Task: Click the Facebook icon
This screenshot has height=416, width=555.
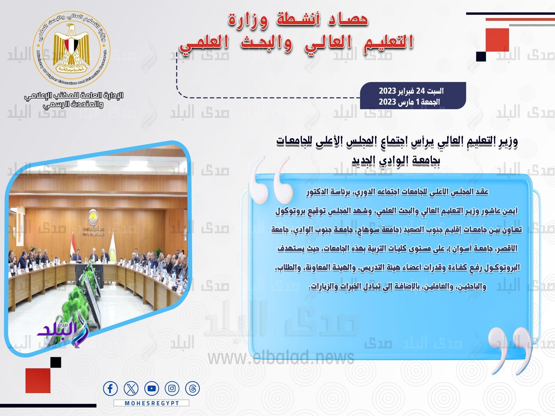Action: point(110,389)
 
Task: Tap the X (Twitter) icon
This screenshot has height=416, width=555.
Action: point(131,389)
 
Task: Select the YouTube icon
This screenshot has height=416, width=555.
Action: point(151,389)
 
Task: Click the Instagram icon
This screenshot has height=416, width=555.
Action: point(172,389)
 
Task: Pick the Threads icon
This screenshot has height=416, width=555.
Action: point(192,389)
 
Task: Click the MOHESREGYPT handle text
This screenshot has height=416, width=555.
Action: point(152,403)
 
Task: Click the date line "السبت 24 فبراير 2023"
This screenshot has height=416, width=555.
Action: point(411,91)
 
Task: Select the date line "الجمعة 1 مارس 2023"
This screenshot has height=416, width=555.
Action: point(409,102)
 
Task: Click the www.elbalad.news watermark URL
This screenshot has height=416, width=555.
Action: point(281,357)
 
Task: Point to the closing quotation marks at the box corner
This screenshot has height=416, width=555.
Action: point(510,350)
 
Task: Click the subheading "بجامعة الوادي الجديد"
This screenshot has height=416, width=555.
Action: point(396,160)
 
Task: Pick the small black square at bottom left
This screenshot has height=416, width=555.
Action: point(55,362)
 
